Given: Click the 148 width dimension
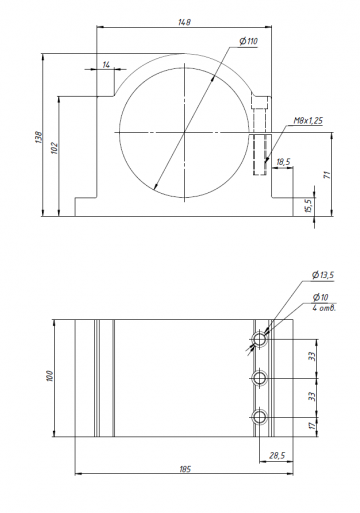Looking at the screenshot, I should pos(184,21).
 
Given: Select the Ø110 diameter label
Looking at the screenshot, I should pos(246,41).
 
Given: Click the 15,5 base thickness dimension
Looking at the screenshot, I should pos(307,205).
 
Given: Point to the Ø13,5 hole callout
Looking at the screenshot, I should pos(324,274).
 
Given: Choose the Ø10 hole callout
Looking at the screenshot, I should pos(320,297).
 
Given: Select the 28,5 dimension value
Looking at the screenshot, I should pos(278,456).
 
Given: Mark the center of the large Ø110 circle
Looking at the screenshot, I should pos(183,132).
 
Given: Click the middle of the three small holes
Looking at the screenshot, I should pos(260,378).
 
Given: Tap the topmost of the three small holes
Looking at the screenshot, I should pos(260,340).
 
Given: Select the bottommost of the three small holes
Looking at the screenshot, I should pos(260,416).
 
